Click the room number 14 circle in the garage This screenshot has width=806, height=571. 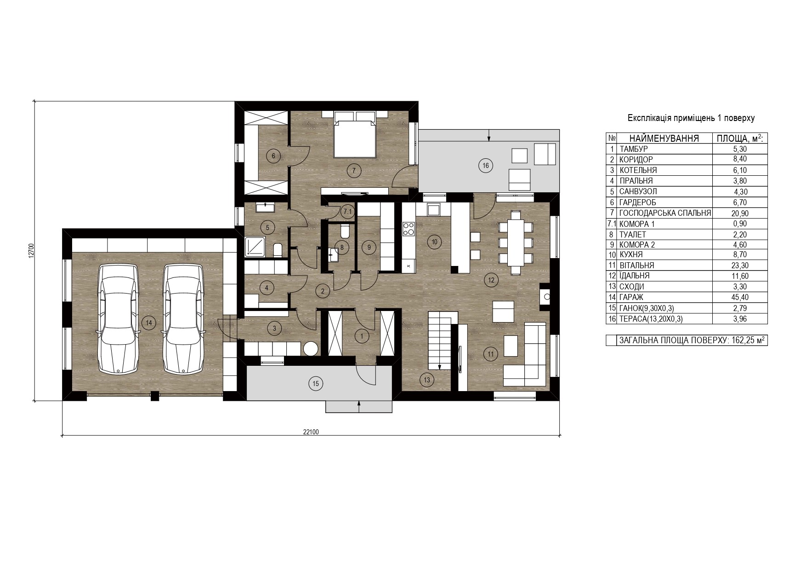click(x=148, y=323)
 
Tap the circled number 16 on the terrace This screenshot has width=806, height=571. click(x=485, y=165)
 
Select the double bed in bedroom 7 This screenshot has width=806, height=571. click(x=353, y=134)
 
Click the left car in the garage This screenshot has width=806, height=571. click(x=119, y=318)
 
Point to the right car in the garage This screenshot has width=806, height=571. click(x=183, y=318)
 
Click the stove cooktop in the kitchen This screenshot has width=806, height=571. click(x=409, y=229)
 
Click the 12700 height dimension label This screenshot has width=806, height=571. click(x=31, y=251)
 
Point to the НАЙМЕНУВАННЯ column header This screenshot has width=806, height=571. click(x=664, y=138)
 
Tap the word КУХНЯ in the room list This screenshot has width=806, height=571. click(x=631, y=254)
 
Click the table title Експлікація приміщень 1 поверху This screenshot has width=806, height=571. click(x=691, y=118)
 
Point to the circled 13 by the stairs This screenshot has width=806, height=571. click(x=427, y=380)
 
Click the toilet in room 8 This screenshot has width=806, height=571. click(x=346, y=231)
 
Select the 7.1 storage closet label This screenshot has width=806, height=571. click(x=347, y=212)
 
